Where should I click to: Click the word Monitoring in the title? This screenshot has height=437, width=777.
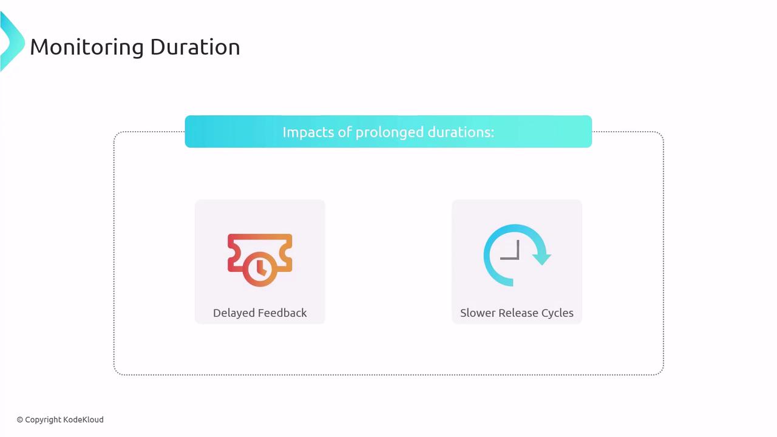(x=87, y=47)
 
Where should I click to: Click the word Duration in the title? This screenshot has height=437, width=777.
(x=195, y=47)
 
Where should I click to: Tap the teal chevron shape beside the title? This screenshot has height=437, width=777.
(x=13, y=42)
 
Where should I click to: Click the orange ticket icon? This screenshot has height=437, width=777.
(x=260, y=260)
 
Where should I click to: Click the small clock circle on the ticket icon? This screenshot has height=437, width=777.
(x=260, y=268)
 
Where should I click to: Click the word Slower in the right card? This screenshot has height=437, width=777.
(x=478, y=313)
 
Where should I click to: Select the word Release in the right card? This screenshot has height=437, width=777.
(x=518, y=313)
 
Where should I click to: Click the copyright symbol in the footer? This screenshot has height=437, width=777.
(x=20, y=420)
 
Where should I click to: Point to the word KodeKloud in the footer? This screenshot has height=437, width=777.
(x=83, y=419)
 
